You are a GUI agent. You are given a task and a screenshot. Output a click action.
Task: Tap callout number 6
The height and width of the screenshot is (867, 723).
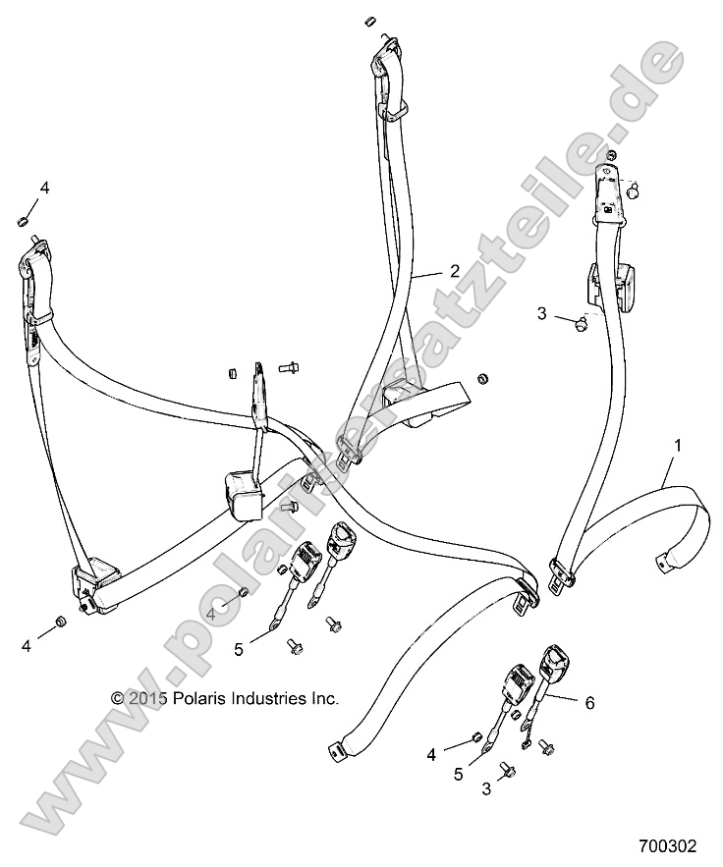pos(589,702)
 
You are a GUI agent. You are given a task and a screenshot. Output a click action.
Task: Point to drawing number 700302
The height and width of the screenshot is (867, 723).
pos(667,844)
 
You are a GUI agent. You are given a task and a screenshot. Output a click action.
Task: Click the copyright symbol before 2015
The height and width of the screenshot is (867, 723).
pos(118,699)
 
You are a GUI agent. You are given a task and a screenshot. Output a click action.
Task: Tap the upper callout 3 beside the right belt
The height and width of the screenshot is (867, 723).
pos(542,314)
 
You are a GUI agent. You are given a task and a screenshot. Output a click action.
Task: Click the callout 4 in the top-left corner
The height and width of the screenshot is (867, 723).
pos(44,187)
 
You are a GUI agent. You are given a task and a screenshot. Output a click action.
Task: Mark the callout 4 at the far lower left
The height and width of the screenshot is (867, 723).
pos(26,645)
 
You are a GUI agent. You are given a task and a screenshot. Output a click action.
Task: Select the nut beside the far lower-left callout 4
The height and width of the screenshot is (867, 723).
pos(59,623)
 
